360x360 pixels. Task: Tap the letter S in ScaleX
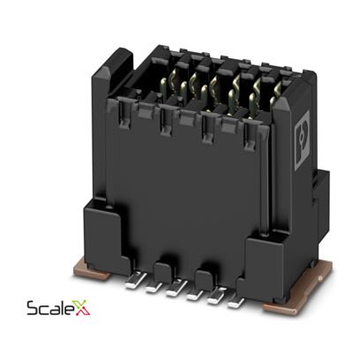click(33, 310)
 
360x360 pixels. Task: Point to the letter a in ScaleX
click(52, 311)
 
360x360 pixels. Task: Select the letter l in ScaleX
click(61, 308)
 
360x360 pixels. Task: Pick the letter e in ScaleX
click(70, 311)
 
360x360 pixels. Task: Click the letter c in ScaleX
click(42, 311)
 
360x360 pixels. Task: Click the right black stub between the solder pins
click(205, 281)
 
